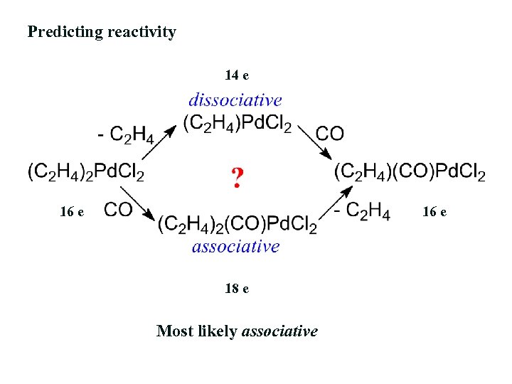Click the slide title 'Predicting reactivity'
coord(102,32)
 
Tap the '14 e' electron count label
coord(236,75)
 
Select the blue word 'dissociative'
coord(235,101)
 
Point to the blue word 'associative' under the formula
coord(235,246)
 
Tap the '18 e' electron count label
coord(236,289)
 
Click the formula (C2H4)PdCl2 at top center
coord(238,124)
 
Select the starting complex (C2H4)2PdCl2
coord(86,172)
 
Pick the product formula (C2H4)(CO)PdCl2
coord(410,172)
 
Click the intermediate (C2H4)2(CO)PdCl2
coord(238,225)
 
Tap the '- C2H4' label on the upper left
coord(127,134)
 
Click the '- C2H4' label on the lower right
coord(363,210)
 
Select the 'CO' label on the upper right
coord(329,133)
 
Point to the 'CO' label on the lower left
coord(118,209)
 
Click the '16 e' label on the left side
coord(72,211)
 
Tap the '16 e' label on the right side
coord(434,211)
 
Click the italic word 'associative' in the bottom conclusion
coord(279,331)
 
